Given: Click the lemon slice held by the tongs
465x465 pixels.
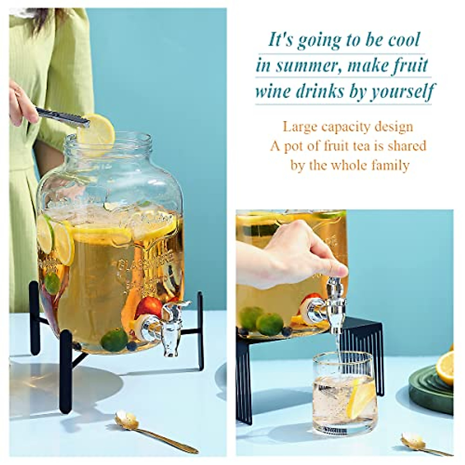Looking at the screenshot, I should point(96,130).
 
